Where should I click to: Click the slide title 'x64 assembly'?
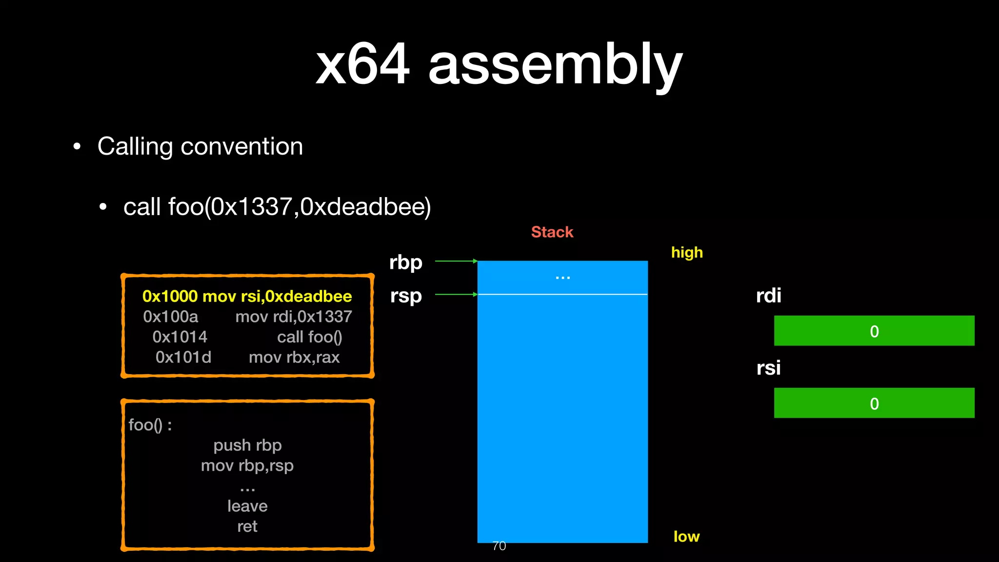[499, 64]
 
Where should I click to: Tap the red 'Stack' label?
[552, 232]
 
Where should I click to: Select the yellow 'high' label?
[687, 253]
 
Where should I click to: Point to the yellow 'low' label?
[686, 537]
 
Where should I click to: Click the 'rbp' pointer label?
[405, 262]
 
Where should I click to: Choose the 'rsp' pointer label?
[406, 296]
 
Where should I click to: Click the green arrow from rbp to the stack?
[456, 261]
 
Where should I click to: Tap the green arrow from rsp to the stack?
[456, 295]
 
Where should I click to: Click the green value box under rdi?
[874, 331]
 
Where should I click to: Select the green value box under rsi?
[874, 403]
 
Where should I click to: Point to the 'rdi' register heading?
[768, 296]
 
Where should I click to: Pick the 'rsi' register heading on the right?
[768, 368]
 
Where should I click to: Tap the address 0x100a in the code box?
[171, 317]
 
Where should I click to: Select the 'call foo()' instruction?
[309, 337]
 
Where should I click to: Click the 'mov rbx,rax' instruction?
[294, 358]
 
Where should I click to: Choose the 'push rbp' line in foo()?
[247, 445]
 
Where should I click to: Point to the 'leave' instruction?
[247, 506]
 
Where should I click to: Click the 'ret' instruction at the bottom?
[247, 527]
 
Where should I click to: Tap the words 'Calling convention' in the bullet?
[200, 146]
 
